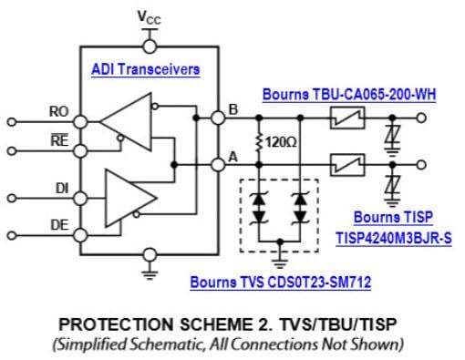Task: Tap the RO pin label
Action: point(59,112)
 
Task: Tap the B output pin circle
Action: point(218,117)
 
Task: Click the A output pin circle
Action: point(218,165)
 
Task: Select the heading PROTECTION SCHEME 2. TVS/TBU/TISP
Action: point(231,324)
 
